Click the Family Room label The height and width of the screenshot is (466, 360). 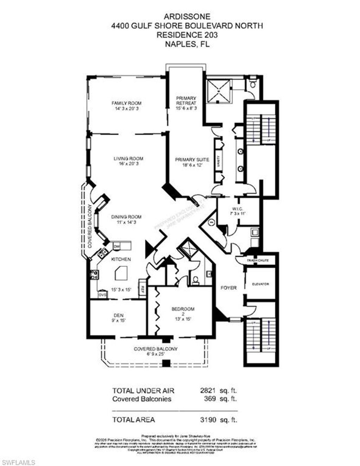point(127,103)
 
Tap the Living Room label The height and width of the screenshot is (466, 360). point(128,158)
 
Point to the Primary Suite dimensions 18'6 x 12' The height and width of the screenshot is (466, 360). point(192,165)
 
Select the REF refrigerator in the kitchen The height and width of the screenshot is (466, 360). point(143,289)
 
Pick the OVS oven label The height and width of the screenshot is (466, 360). point(102,295)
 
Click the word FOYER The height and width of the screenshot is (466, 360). point(229,288)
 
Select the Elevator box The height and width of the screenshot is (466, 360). point(260,284)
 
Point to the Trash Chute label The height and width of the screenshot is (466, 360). point(258,260)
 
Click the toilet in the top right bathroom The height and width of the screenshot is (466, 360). point(252,84)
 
